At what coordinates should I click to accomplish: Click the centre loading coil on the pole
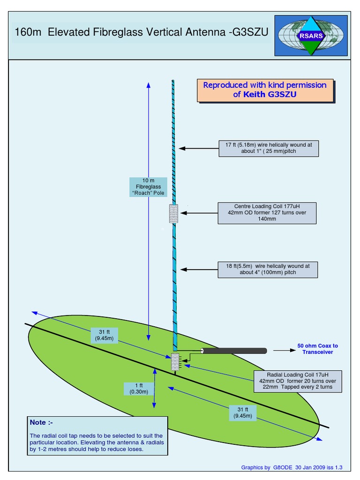[x=174, y=213]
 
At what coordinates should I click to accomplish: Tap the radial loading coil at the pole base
[x=175, y=362]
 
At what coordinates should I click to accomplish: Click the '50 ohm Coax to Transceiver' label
[x=317, y=349]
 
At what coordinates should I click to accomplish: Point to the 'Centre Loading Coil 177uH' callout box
[x=267, y=212]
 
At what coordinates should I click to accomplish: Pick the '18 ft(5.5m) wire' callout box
[x=268, y=269]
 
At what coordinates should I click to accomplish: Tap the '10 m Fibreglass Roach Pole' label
[x=148, y=187]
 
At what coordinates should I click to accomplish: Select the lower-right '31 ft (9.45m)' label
[x=243, y=412]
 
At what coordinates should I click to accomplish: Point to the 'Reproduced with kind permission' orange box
[x=264, y=90]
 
